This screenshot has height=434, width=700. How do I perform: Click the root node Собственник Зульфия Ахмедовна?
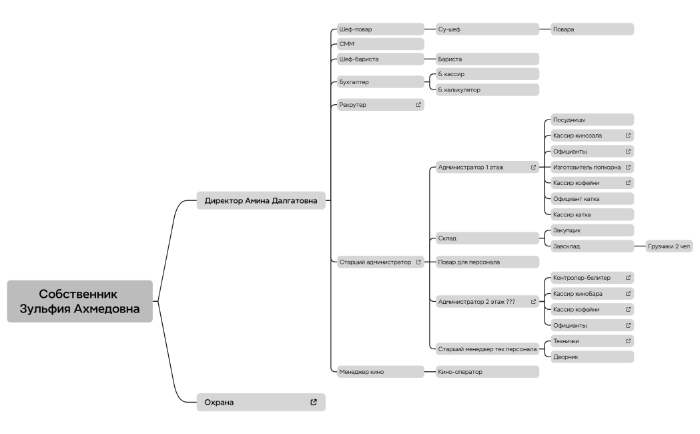pos(80,301)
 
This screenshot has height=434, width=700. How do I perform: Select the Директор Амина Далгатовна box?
pos(261,200)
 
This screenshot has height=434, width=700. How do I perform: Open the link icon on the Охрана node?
pos(314,403)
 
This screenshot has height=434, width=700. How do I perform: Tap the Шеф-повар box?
pos(380,29)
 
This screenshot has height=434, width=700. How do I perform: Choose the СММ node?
pos(380,44)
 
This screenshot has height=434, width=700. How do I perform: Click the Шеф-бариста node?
pos(380,59)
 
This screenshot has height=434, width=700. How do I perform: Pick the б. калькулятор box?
pos(488,89)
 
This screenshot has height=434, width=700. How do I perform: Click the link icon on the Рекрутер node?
pos(418,105)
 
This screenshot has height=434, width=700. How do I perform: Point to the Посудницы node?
pos(592,120)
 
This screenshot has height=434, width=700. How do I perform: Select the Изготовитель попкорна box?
pos(592,167)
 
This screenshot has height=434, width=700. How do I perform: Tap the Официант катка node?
pos(592,199)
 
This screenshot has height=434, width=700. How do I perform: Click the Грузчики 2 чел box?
pos(669,246)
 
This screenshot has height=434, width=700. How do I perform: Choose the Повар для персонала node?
pos(488,262)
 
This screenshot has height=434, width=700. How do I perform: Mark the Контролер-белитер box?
pos(592,278)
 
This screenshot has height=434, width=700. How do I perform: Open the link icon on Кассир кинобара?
pos(628,293)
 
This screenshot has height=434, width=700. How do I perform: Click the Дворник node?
pos(592,357)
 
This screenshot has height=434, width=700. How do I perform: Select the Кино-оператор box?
pos(488,371)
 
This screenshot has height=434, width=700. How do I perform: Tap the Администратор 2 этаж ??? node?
pos(488,301)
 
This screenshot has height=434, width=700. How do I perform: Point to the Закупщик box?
pos(592,230)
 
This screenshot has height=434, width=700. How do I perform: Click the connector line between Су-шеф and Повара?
pos(545,29)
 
